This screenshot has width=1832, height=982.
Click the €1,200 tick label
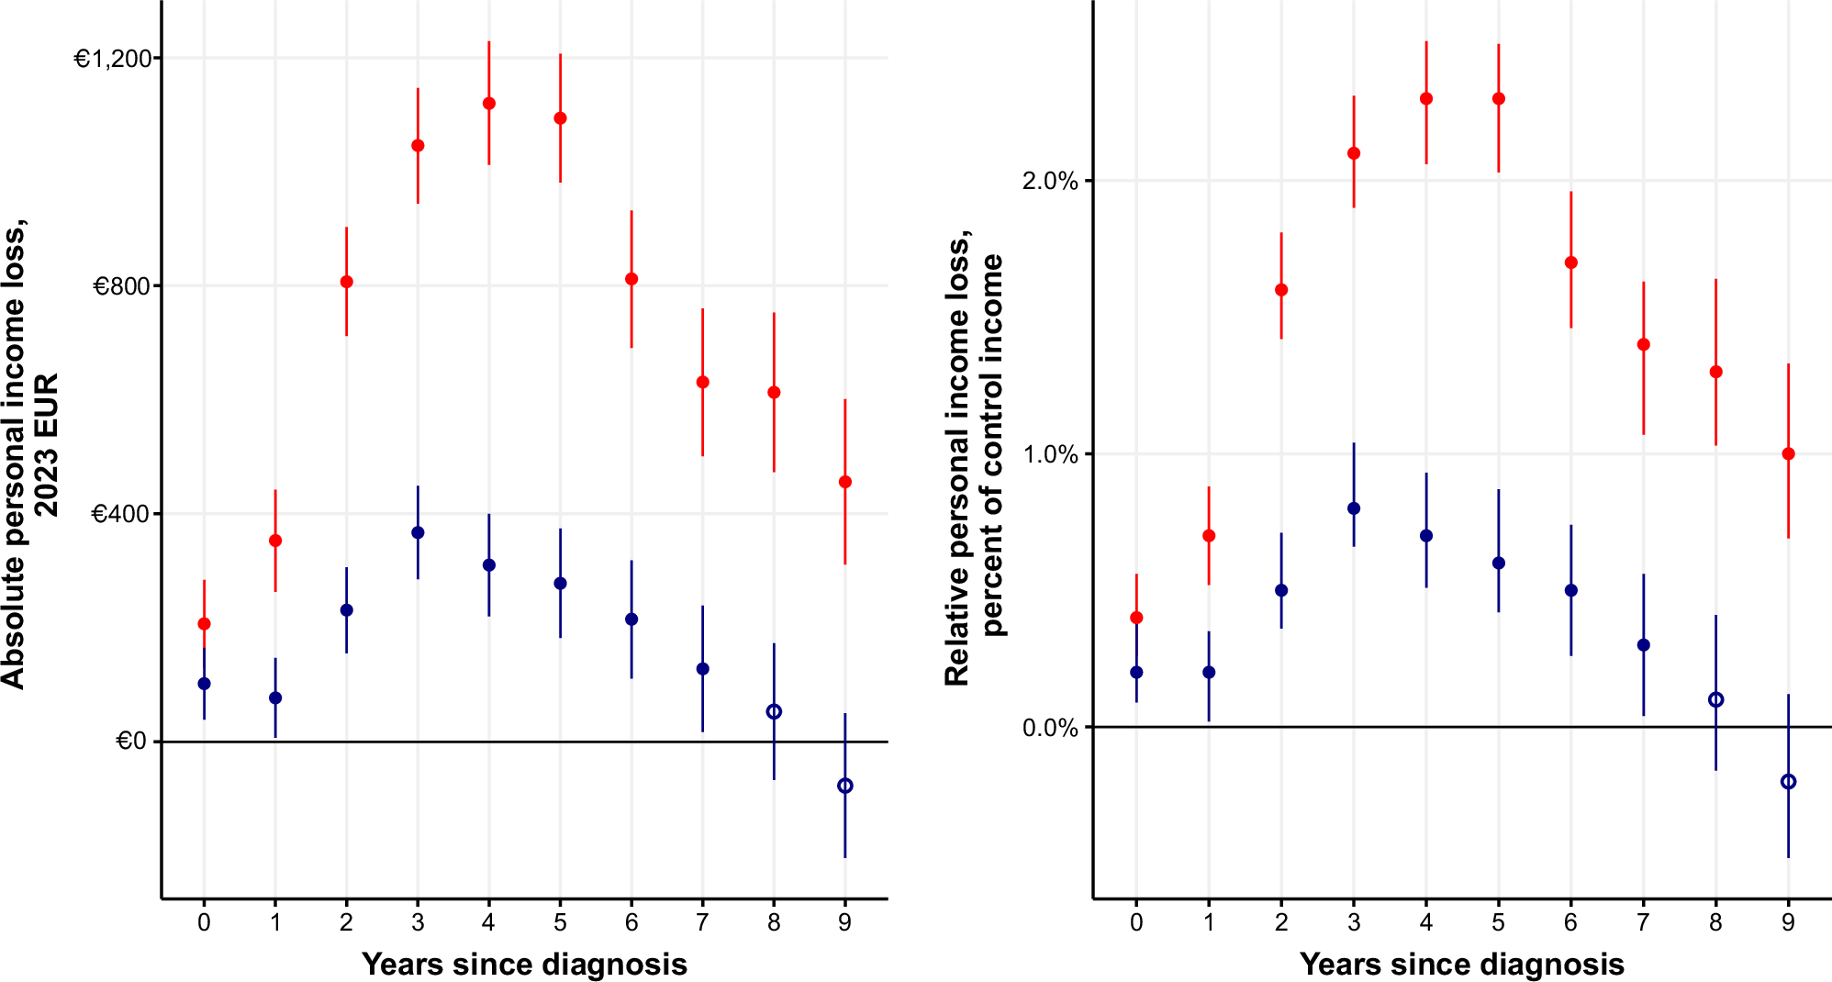(x=113, y=59)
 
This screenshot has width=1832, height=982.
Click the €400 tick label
(x=120, y=514)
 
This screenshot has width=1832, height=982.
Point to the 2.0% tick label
(x=1050, y=181)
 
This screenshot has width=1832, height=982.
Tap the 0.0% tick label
(x=1050, y=728)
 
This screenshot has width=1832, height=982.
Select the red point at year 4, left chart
(x=489, y=104)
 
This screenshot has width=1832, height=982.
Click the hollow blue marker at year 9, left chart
(x=845, y=786)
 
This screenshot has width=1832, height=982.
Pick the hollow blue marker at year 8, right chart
(x=1715, y=700)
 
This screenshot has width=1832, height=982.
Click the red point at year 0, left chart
(x=204, y=624)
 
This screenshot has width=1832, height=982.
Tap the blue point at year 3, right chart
(x=1354, y=508)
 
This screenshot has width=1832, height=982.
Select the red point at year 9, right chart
(x=1788, y=454)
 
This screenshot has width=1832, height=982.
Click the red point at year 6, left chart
(x=631, y=279)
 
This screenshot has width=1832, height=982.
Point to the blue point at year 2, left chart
(x=346, y=610)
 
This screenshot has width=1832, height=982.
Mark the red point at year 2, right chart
(x=1281, y=290)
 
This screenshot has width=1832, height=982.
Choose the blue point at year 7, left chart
(x=703, y=669)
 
